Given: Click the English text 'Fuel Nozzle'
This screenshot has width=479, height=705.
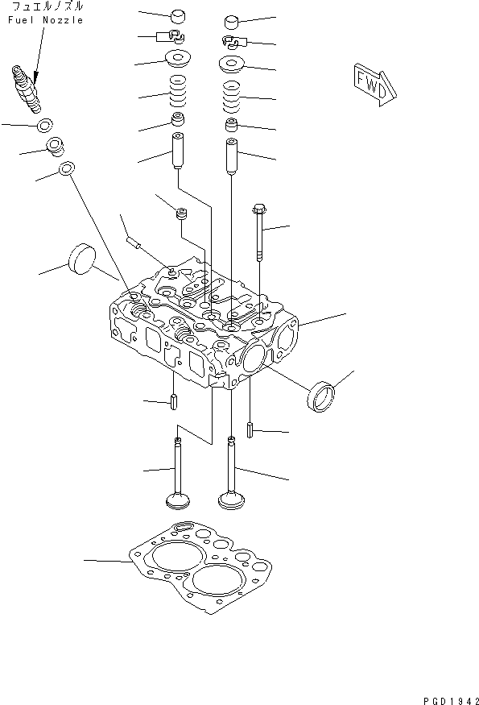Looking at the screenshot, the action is click(x=46, y=20).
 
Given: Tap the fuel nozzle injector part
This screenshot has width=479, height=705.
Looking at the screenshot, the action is click(x=27, y=89).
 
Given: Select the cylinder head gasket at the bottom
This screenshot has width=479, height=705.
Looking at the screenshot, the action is click(x=200, y=568).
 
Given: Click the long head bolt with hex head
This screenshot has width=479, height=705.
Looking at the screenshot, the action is click(x=260, y=233).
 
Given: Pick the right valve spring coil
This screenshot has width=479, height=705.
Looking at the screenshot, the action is click(x=232, y=97).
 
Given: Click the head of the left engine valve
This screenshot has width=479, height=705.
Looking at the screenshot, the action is click(x=178, y=500).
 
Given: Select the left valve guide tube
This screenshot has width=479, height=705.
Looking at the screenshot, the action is click(x=178, y=151).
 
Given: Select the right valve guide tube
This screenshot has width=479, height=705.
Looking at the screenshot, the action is click(x=232, y=156).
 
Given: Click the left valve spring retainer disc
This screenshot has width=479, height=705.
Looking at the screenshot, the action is click(x=178, y=59).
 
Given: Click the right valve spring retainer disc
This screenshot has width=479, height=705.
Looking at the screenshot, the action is click(x=232, y=64).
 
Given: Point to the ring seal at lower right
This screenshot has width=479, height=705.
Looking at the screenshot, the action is click(x=322, y=396).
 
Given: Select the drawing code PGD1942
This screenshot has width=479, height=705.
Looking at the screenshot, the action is click(x=451, y=700).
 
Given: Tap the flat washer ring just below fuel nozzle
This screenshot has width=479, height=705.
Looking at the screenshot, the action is click(x=44, y=126).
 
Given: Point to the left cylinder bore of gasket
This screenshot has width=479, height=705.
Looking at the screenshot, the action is click(x=173, y=557).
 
